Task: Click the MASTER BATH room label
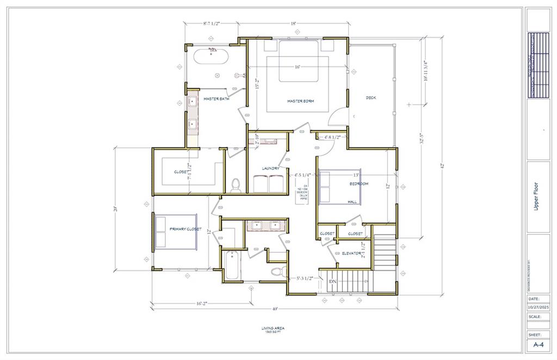click(x=216, y=99)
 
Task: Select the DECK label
click(x=370, y=98)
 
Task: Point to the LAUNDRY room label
click(x=270, y=169)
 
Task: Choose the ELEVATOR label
click(x=352, y=253)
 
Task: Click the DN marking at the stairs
click(x=333, y=281)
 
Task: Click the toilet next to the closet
click(x=236, y=186)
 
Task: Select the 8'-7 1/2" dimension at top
click(x=211, y=24)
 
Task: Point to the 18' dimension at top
click(x=293, y=24)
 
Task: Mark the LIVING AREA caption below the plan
click(x=273, y=328)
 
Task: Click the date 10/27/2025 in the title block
click(x=538, y=307)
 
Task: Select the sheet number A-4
click(x=538, y=345)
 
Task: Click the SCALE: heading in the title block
click(x=534, y=316)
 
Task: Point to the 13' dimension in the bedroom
click(x=356, y=175)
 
